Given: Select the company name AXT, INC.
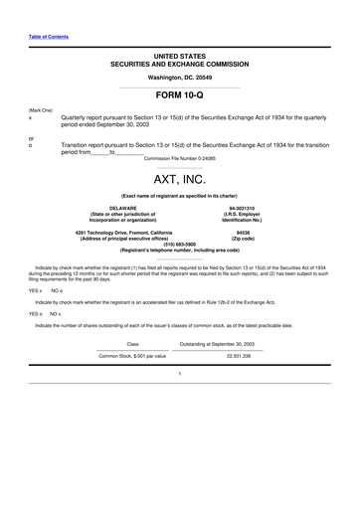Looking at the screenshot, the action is click(179, 181).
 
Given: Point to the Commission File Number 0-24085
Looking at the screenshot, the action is click(179, 159).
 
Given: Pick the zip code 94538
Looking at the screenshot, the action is click(243, 232).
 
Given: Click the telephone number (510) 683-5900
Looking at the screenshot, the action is click(179, 244).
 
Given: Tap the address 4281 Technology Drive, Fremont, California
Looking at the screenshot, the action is click(123, 232).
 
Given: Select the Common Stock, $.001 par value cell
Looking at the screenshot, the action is click(133, 355).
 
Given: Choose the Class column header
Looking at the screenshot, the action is click(133, 343).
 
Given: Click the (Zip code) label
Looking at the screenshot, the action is click(243, 238).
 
